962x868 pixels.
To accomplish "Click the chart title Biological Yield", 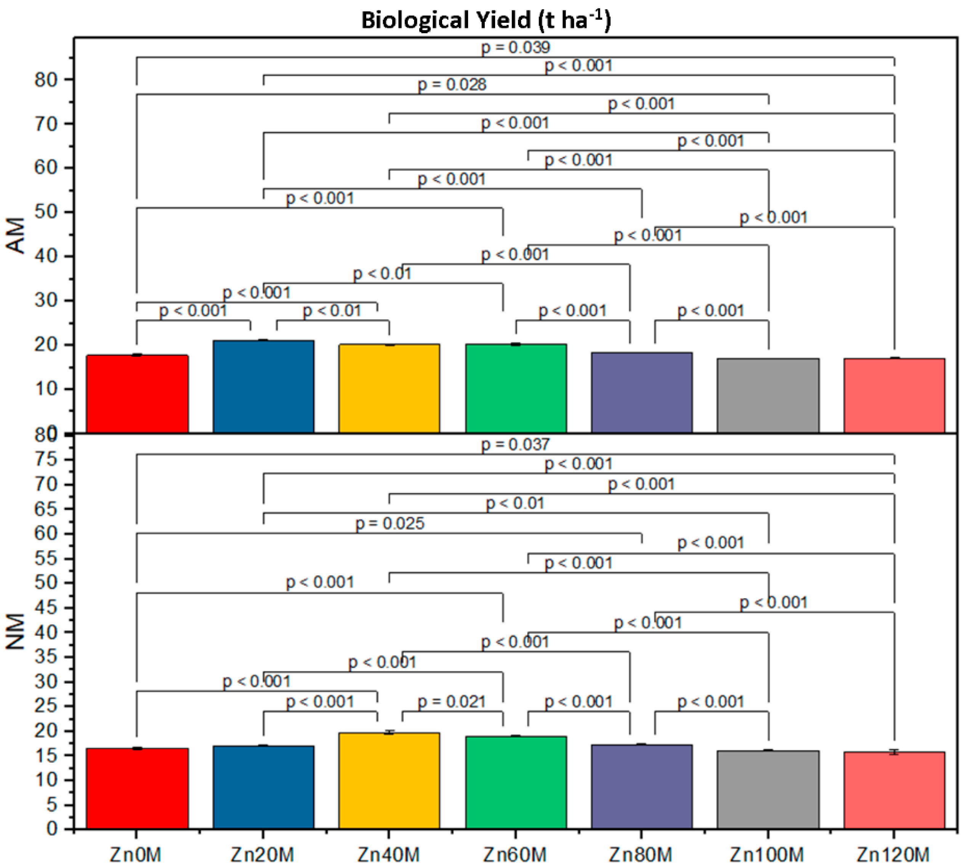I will (x=486, y=21).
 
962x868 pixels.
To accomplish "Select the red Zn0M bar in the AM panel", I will (x=137, y=394).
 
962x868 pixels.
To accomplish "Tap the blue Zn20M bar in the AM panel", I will (x=263, y=386).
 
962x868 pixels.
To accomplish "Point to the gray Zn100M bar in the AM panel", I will (x=768, y=396).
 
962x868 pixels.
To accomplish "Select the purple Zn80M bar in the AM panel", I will (x=641, y=392).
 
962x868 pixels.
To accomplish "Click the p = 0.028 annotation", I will (x=452, y=85).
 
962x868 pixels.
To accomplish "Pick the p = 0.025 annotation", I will (x=390, y=524).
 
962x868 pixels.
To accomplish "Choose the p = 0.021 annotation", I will (x=452, y=702).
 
